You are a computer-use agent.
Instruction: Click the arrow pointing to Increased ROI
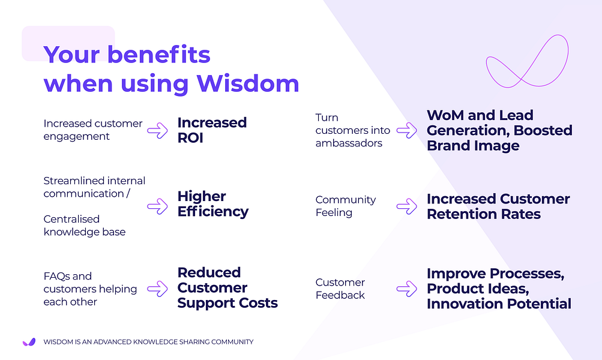click(x=157, y=130)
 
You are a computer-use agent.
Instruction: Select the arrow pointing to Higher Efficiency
click(x=157, y=206)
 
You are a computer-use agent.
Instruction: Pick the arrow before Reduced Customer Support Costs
click(x=157, y=289)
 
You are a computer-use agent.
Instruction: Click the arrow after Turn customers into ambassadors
click(x=406, y=130)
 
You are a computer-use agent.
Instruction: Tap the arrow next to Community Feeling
click(x=406, y=206)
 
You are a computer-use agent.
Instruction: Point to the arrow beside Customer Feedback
click(x=406, y=289)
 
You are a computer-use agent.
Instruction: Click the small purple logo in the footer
click(x=29, y=342)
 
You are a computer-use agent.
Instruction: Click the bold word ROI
click(x=190, y=138)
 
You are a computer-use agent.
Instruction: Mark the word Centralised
click(x=71, y=219)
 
